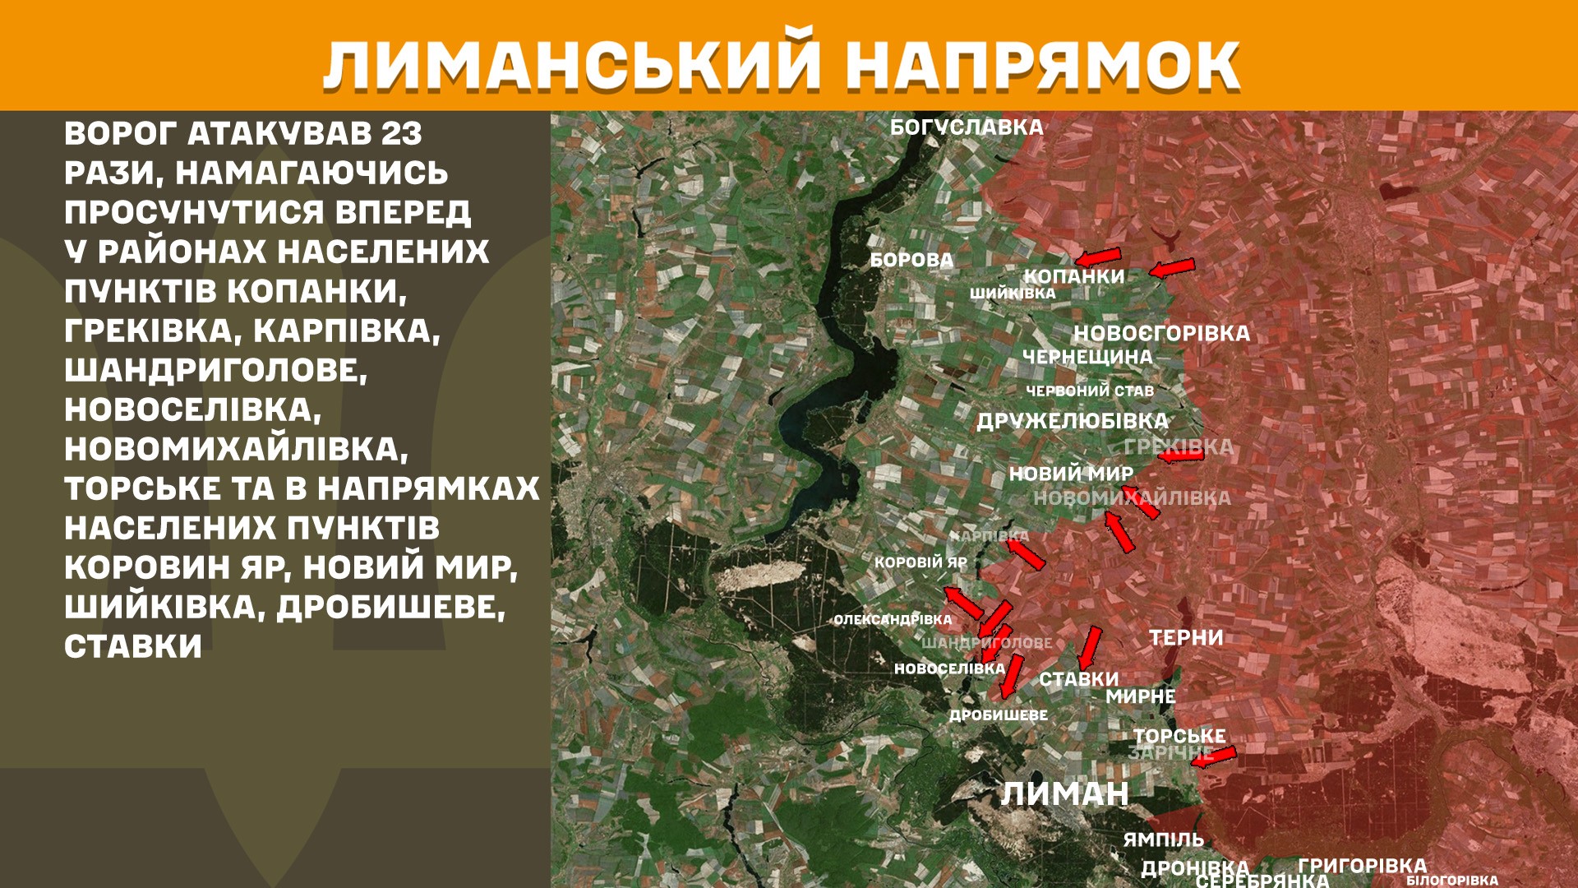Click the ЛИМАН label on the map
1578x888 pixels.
click(1064, 794)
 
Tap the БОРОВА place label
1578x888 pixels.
click(911, 260)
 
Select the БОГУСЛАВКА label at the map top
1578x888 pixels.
click(967, 127)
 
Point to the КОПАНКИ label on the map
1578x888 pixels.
click(1073, 276)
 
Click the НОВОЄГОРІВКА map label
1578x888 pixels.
click(1161, 333)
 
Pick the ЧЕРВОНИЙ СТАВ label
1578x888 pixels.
click(1090, 391)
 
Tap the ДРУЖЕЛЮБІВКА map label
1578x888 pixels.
click(1072, 421)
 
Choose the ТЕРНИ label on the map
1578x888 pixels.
click(1186, 637)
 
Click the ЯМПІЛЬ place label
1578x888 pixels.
click(1163, 839)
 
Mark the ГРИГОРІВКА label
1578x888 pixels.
click(1362, 865)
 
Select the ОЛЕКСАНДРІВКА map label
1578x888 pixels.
click(893, 620)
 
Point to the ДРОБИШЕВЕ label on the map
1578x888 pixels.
click(999, 715)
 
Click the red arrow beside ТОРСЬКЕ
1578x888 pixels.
click(1213, 757)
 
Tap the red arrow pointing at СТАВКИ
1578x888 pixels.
click(1090, 649)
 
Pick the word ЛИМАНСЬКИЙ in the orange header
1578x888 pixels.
click(572, 64)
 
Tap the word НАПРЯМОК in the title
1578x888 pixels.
click(1042, 64)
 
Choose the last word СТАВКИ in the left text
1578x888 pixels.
click(133, 646)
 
